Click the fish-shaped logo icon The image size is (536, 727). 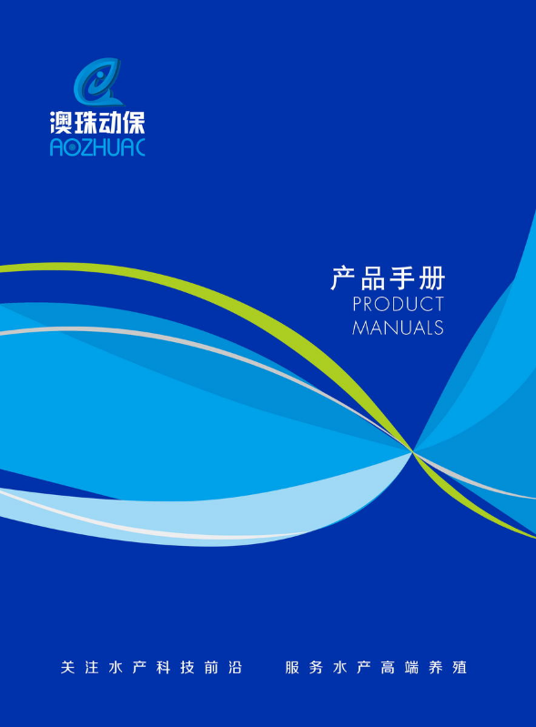coord(98,82)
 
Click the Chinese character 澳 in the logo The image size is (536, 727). coord(61,123)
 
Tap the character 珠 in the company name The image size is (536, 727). coord(85,123)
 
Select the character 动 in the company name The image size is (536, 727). coord(109,123)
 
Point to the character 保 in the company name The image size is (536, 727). coord(134,123)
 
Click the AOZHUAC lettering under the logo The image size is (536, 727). coord(97,147)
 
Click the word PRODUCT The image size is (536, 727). coord(398,304)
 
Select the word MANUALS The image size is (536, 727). coord(398,328)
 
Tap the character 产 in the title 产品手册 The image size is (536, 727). coord(344,278)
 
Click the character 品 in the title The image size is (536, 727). coord(373,278)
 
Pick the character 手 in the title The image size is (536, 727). coord(402,278)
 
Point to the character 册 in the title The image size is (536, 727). coord(431,278)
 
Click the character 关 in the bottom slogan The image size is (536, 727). coord(67,667)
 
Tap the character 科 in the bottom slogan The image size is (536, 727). coord(163,667)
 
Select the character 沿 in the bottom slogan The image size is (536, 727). coord(235,667)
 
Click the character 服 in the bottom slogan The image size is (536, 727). coord(292,667)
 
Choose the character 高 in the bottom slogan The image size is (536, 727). coord(388,667)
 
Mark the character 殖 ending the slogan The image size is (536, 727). coord(460,667)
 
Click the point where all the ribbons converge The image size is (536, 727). coord(412,450)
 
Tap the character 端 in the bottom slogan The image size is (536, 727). coord(411,667)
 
